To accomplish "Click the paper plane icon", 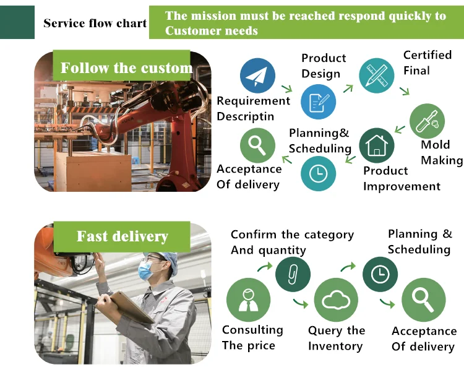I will [257, 76].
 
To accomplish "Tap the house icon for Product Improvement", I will [377, 145].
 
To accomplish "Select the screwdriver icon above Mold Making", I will [427, 120].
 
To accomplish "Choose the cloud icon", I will [336, 299].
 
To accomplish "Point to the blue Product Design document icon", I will [319, 101].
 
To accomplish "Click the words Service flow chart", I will [95, 24].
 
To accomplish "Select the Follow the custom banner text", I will [126, 67].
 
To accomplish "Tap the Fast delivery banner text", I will [122, 236].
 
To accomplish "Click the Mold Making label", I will [441, 152].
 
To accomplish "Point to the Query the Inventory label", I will [336, 338].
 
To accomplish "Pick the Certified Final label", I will [427, 63].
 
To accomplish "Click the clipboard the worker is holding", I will [127, 307].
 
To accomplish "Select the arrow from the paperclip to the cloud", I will [301, 304].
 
